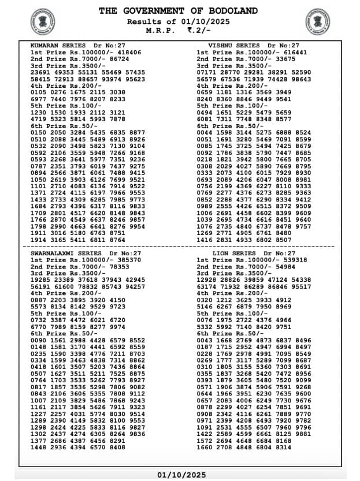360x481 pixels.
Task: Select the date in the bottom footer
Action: [x=180, y=475]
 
